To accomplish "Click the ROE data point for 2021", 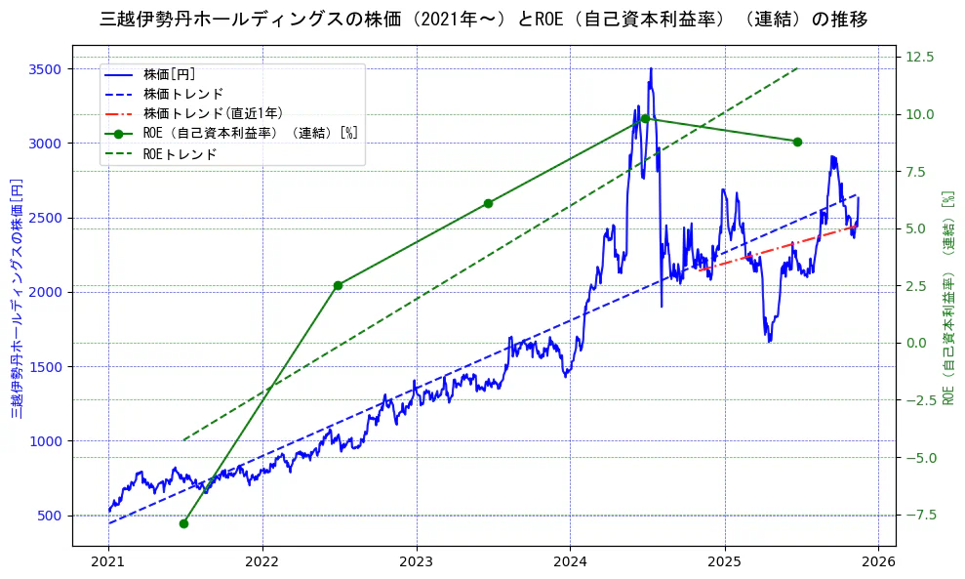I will click(x=183, y=523).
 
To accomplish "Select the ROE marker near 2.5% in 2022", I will click(x=338, y=285).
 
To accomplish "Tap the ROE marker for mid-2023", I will click(x=488, y=203).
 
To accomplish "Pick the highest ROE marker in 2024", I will click(x=645, y=118).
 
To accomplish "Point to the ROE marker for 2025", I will click(x=797, y=142).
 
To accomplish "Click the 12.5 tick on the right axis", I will click(x=920, y=57).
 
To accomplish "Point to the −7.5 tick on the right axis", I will click(x=920, y=516).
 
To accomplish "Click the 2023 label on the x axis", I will click(x=417, y=563).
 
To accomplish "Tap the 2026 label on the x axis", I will click(x=878, y=563).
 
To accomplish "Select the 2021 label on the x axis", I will click(x=108, y=563).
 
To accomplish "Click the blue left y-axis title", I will click(x=17, y=299).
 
